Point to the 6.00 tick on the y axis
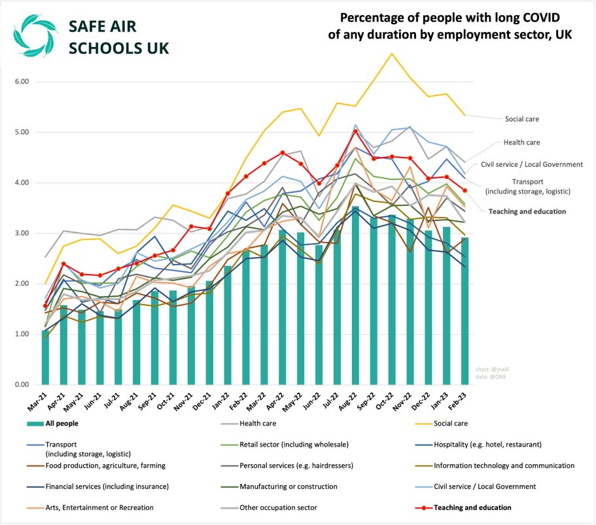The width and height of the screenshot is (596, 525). point(23,82)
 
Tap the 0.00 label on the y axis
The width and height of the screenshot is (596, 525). point(23,385)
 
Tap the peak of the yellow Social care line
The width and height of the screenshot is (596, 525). point(392,54)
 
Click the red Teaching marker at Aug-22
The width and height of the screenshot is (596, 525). point(355,131)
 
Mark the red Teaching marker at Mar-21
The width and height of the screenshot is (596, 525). point(46,305)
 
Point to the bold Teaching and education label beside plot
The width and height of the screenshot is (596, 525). point(528,211)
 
